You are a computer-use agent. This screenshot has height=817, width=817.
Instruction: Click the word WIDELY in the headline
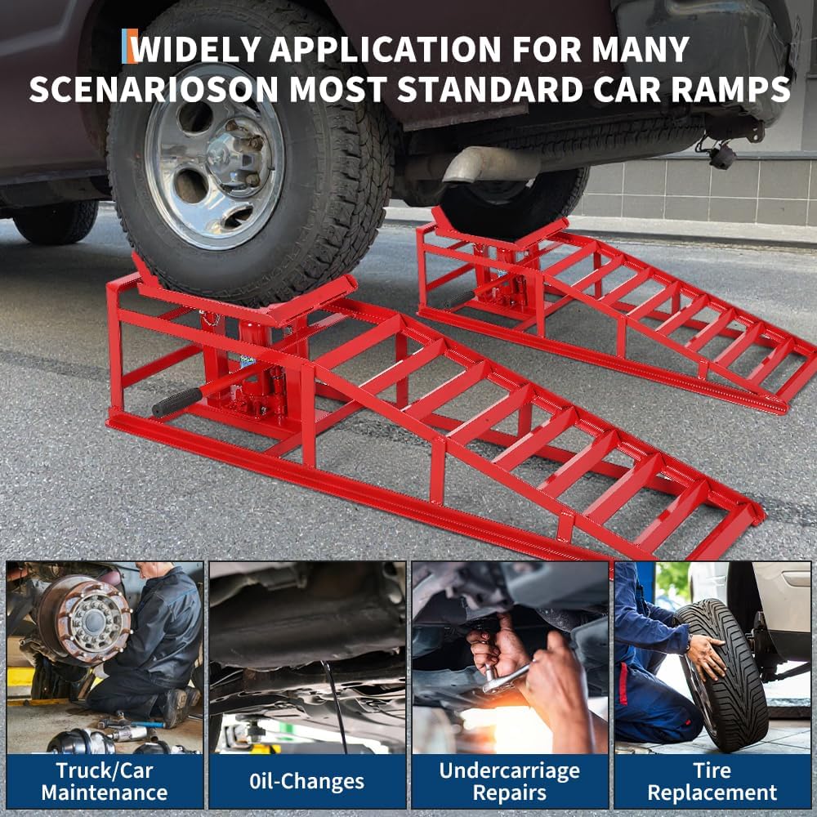coord(195,49)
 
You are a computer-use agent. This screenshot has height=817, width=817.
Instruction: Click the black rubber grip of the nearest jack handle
coord(177,402)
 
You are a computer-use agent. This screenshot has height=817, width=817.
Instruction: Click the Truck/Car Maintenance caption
coord(105,781)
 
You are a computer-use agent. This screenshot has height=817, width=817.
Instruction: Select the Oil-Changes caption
coord(306,781)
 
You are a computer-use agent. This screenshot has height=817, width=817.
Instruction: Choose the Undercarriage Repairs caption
coord(509,781)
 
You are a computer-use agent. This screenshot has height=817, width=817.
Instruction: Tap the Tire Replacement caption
coord(712,781)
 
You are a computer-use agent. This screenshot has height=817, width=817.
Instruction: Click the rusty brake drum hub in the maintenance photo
coord(84,619)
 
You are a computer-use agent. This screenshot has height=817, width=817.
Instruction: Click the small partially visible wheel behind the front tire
coord(56,222)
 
